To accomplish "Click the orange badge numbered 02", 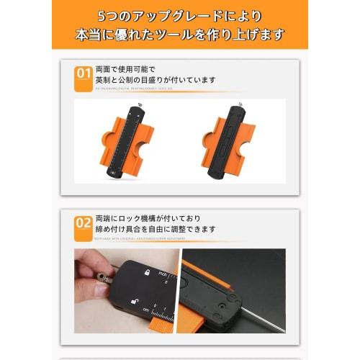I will (x=83, y=223).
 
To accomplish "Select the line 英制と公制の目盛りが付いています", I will (x=155, y=80).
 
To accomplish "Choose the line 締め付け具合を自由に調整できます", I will (x=155, y=230).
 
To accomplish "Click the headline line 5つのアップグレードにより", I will (x=180, y=16).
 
